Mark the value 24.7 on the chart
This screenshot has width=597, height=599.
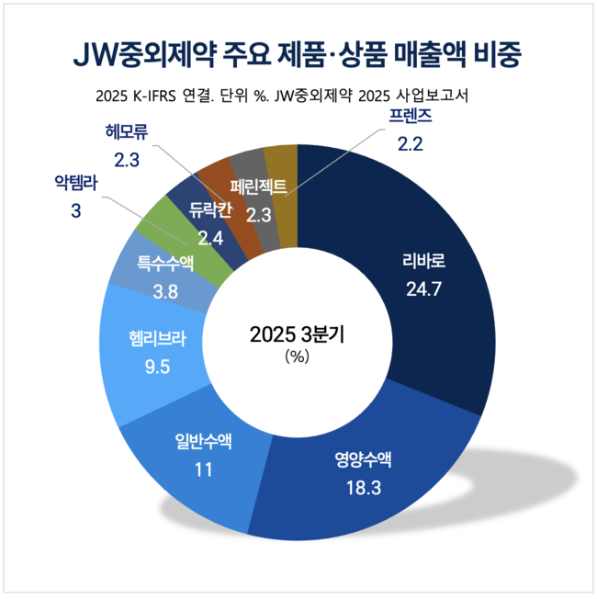pyautogui.click(x=423, y=290)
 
